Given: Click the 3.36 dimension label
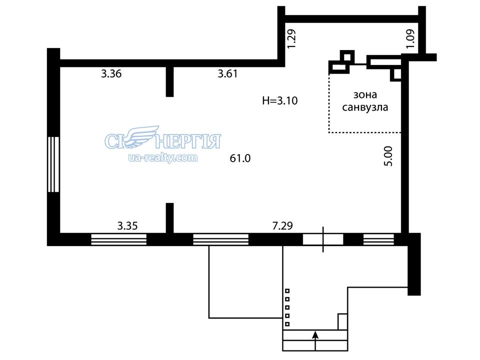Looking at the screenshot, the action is [111, 74].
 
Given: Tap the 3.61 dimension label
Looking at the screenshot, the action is [228, 74].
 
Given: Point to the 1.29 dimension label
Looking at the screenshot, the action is [291, 38].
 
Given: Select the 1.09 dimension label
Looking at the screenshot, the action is [410, 38].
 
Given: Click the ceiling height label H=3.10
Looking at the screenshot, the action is [280, 100].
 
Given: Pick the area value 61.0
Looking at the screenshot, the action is [240, 158].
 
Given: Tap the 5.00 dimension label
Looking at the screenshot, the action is [388, 156].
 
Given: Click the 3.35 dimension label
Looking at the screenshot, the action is [127, 226].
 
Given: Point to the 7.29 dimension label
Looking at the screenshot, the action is [282, 226].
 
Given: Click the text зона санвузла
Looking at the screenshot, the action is [365, 101].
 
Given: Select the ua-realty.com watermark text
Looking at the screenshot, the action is [163, 157].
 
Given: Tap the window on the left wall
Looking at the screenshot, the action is [53, 164].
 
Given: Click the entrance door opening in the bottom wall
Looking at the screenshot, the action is [323, 239].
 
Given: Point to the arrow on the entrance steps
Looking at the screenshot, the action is [315, 340].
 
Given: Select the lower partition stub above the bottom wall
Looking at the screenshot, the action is [169, 218].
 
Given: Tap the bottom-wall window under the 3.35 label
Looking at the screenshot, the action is [119, 239].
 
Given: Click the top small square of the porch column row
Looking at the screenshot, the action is [287, 291].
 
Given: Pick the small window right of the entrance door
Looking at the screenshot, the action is [378, 239].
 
